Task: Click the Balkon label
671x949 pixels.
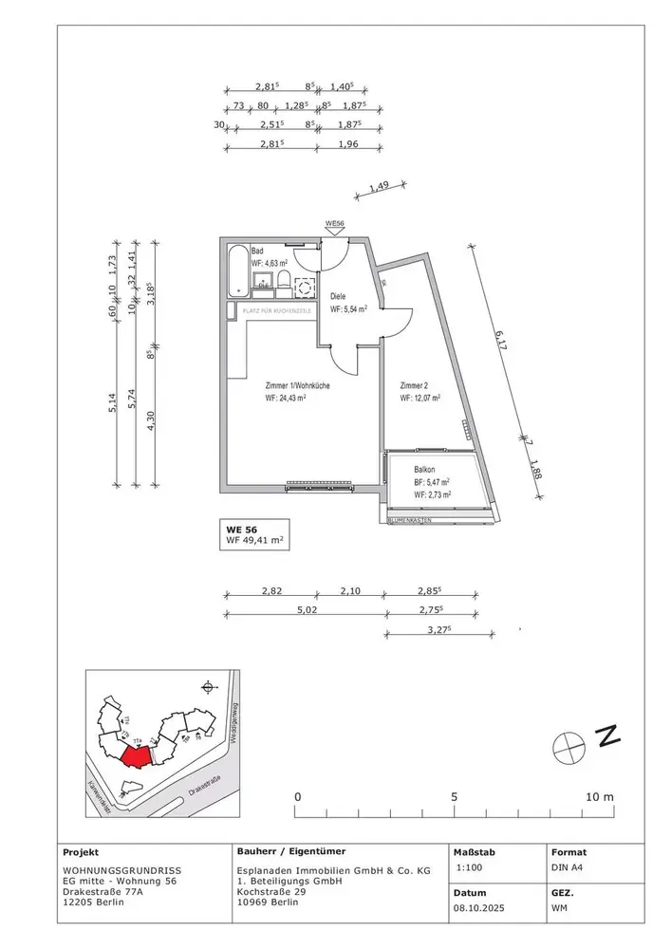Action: pos(424,470)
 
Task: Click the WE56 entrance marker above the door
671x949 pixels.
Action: pos(333,224)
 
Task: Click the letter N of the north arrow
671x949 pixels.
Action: pos(607,735)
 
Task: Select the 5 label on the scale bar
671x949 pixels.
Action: pos(455,796)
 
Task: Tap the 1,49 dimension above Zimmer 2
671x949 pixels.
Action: pos(379,189)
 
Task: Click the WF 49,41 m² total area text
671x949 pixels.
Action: pos(254,542)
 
